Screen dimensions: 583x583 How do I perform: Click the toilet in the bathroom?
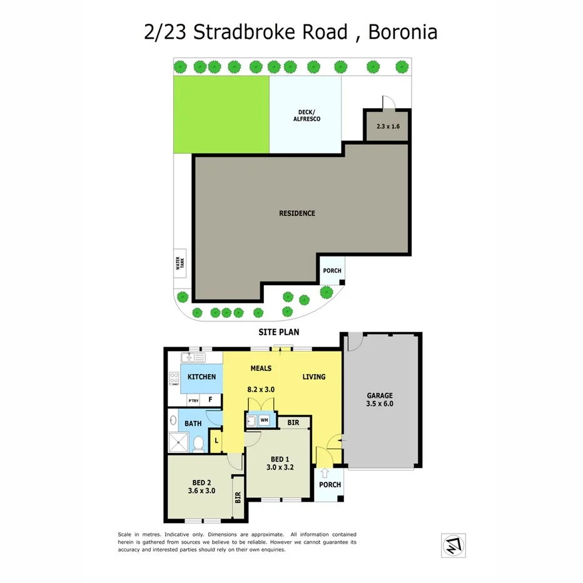tap(198, 444)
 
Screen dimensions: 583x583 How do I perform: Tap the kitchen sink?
tap(193, 358)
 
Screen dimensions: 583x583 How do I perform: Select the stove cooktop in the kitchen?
tap(174, 378)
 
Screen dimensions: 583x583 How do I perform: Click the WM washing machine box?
tap(264, 420)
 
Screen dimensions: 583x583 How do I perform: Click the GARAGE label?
tap(380, 395)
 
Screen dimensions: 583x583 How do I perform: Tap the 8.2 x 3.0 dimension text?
tap(261, 389)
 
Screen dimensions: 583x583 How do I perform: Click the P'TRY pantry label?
tap(193, 399)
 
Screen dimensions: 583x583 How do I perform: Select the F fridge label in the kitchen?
tap(211, 399)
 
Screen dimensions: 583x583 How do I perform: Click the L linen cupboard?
tap(216, 440)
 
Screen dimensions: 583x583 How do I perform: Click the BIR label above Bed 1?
tap(293, 423)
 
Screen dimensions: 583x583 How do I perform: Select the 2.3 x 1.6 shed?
tap(387, 126)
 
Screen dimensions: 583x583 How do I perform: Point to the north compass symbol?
tap(454, 544)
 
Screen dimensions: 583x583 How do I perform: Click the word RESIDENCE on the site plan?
tap(297, 213)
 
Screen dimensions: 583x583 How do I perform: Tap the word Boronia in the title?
tap(402, 32)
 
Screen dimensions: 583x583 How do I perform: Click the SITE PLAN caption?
tap(276, 332)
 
